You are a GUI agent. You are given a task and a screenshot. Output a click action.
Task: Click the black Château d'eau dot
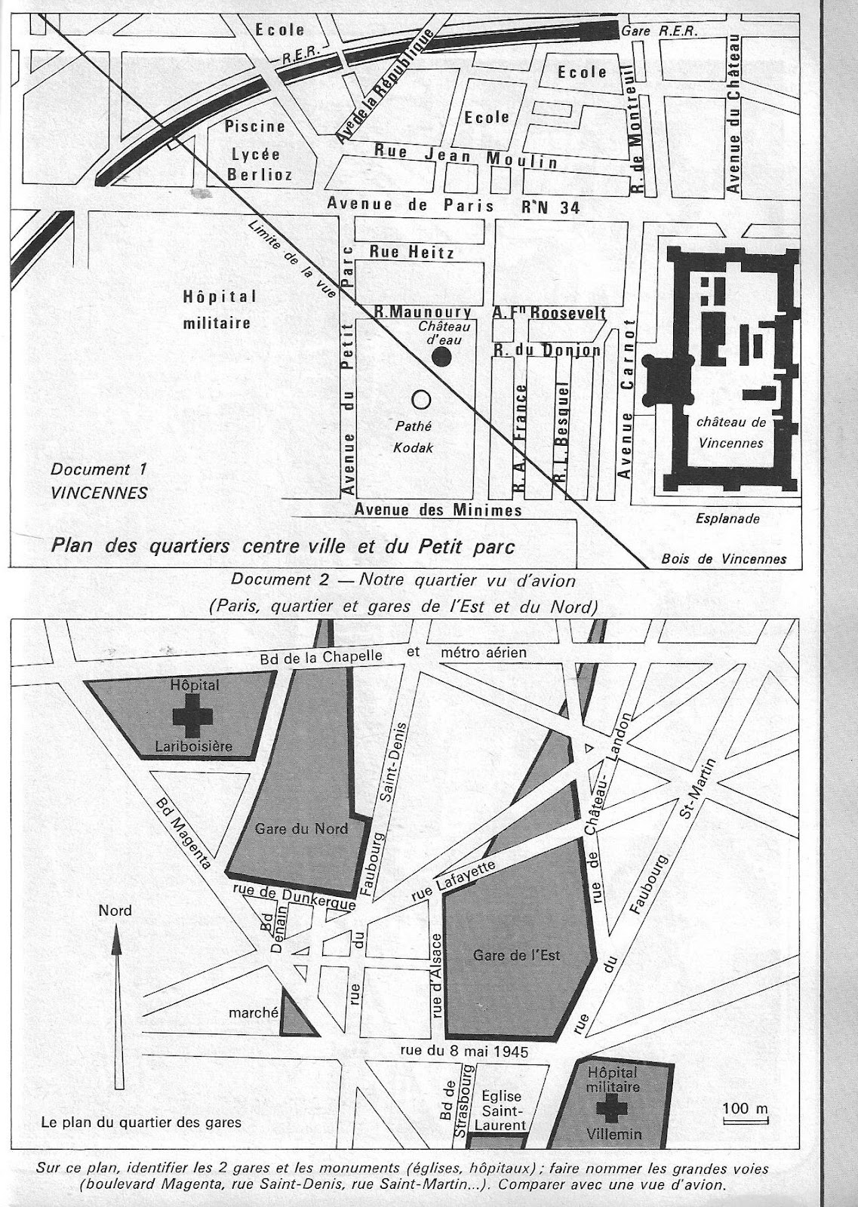point(443,358)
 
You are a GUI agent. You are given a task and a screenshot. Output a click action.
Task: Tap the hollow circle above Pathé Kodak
point(420,398)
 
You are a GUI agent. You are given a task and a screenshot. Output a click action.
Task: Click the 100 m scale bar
point(745,1120)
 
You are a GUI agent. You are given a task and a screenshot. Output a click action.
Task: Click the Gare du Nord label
point(301,828)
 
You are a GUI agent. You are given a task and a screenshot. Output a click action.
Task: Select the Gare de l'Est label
point(517,954)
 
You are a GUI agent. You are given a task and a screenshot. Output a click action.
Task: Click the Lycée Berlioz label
point(256,164)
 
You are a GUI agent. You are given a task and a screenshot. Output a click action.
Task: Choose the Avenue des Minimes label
point(438,510)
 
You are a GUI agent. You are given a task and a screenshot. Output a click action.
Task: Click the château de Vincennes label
point(731,433)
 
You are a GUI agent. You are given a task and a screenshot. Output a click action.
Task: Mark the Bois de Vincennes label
point(723,559)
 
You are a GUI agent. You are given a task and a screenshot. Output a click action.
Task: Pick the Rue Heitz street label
point(411,253)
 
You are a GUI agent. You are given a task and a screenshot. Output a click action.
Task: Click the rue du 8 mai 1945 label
point(463,1051)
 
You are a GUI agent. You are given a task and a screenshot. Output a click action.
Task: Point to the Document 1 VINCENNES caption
point(99,481)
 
